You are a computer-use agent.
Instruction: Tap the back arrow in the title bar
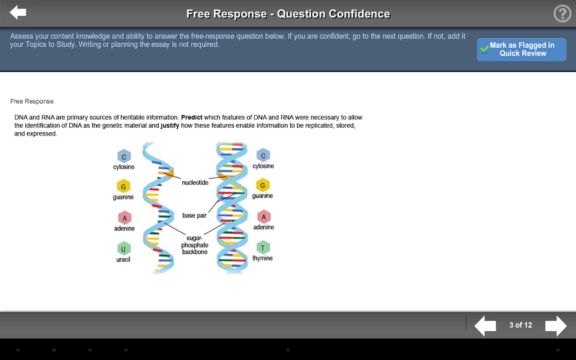tap(17, 12)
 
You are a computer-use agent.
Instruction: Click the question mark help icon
tap(562, 13)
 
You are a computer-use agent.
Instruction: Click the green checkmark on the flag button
tap(484, 49)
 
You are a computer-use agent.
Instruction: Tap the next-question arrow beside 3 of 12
tap(556, 326)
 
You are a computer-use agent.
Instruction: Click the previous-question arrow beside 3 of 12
tap(485, 326)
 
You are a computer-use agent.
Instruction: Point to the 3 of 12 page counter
tap(520, 325)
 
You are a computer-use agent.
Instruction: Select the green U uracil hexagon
tap(124, 249)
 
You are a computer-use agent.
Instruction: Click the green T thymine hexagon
tap(263, 247)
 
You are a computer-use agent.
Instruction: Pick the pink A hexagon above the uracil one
tap(124, 218)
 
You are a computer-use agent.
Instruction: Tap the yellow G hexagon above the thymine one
tap(263, 185)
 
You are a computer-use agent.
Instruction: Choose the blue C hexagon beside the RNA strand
tap(124, 156)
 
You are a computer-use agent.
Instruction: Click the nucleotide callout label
tap(195, 183)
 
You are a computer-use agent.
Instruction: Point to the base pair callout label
tap(194, 215)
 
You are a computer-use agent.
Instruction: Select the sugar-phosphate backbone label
tap(195, 245)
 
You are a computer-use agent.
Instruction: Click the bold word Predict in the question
tap(192, 118)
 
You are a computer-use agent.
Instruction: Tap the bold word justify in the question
tap(170, 125)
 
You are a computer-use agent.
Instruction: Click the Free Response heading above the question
tap(32, 101)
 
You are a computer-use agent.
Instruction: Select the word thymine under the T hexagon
tap(263, 258)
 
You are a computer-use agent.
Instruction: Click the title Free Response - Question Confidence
tap(288, 14)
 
